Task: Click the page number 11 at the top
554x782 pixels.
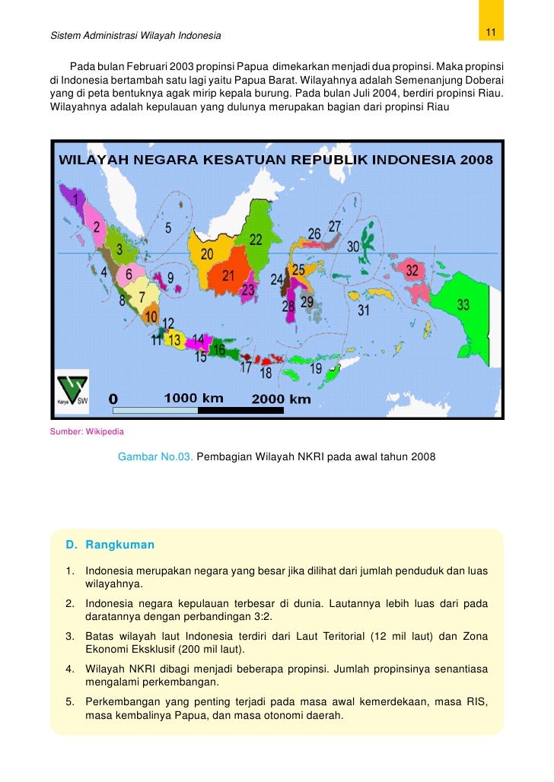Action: click(491, 32)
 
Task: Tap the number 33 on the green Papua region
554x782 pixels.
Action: click(463, 305)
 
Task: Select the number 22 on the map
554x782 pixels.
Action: click(255, 240)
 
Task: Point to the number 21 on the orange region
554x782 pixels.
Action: click(228, 276)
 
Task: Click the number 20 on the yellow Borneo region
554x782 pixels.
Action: click(207, 254)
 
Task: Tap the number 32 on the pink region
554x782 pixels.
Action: click(412, 271)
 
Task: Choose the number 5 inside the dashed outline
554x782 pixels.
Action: click(168, 227)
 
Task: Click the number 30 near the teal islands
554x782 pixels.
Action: click(353, 246)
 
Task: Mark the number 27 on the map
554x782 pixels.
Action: click(335, 226)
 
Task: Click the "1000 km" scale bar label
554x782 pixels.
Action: click(194, 398)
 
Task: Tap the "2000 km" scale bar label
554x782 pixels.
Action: click(281, 399)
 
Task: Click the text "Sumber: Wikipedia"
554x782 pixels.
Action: click(87, 432)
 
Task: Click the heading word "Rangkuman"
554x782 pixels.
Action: click(119, 545)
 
